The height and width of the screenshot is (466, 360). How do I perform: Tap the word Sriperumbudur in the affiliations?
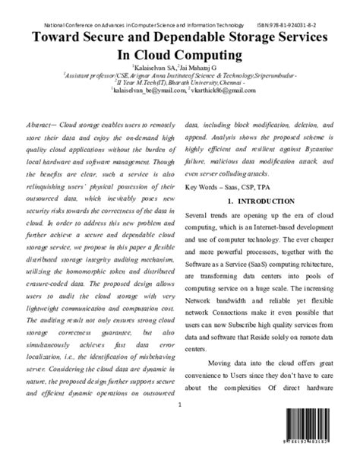tap(270, 75)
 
